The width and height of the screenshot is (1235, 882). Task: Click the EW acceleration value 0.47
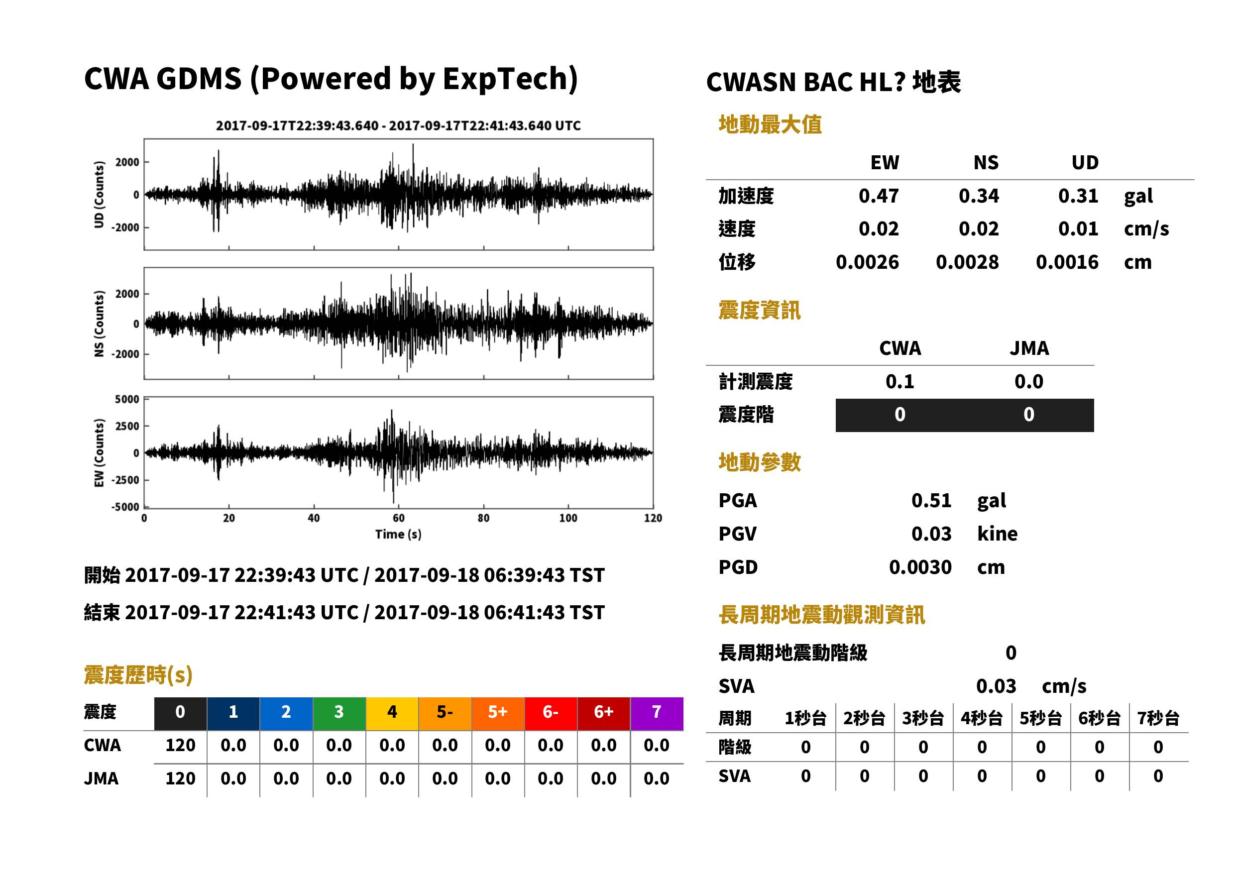tap(878, 196)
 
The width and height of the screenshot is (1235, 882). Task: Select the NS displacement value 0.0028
tap(967, 262)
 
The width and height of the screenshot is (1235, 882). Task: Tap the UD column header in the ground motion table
tap(1085, 162)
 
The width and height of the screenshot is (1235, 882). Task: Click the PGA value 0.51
tap(931, 500)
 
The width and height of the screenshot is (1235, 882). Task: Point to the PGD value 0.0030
tap(920, 567)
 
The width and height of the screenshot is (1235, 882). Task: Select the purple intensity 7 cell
tap(657, 713)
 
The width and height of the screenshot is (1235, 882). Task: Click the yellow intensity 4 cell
tap(392, 713)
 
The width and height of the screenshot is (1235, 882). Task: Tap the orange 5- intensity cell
tap(445, 713)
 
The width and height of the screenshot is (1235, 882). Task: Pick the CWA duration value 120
tap(180, 745)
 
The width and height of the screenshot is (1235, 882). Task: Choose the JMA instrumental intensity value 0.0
tap(1028, 381)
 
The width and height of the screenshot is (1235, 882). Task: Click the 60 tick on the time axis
tap(399, 518)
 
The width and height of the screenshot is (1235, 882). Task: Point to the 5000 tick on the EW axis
tap(127, 399)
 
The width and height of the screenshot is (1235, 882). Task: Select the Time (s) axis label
tap(398, 535)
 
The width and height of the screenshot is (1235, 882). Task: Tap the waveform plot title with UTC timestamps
tap(398, 125)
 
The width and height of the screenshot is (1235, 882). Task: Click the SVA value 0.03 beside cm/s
tap(996, 686)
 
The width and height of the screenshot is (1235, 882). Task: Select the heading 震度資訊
tap(759, 310)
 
